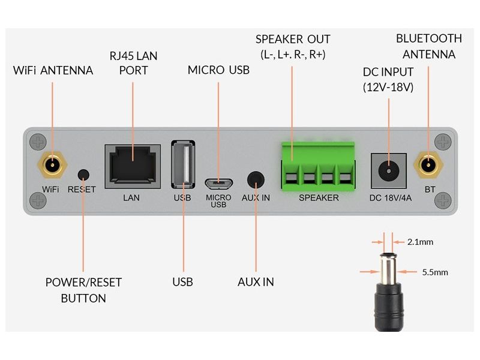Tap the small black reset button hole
coord(83,174)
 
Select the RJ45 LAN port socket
coord(133,163)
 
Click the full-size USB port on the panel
coord(183,165)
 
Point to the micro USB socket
coord(218,182)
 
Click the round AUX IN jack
coord(256,179)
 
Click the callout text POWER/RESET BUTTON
coord(83,290)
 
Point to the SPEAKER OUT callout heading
coord(293,40)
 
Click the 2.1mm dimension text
coord(420,242)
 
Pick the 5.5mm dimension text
coord(435,272)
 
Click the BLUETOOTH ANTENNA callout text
coord(429,46)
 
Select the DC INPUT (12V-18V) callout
coord(388,79)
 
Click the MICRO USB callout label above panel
coord(218,70)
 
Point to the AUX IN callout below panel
coord(256,281)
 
